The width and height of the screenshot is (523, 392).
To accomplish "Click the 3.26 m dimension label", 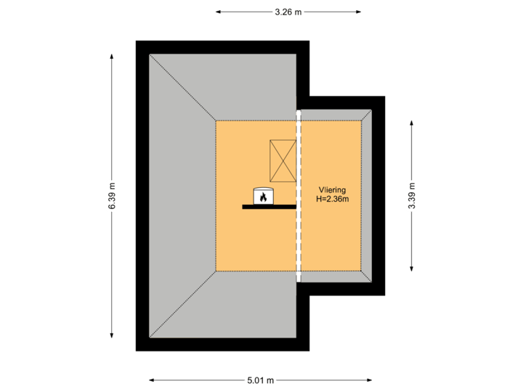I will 288,12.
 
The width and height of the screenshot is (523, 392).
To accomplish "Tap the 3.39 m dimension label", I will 412,195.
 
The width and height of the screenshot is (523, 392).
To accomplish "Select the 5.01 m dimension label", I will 260,380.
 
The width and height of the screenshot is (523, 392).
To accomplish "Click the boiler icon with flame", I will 263,196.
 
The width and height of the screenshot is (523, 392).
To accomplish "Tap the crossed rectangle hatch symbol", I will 283,160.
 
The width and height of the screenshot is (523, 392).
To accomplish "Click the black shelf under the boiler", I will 269,207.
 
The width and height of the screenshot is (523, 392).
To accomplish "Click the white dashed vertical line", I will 299,218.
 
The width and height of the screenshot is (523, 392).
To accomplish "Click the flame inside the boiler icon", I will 263,197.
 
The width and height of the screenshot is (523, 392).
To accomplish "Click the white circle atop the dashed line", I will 299,113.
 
